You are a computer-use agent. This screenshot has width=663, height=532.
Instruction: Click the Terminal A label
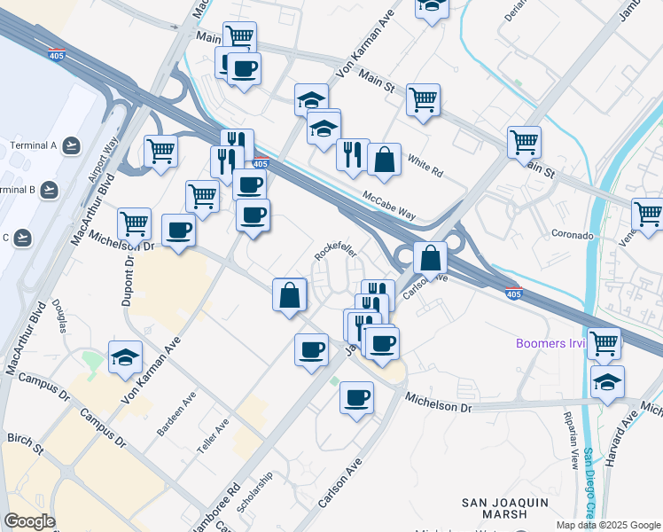(x=34, y=145)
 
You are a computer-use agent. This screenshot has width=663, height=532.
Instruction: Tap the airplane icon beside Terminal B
(x=50, y=190)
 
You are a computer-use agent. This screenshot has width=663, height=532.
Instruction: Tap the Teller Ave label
(x=214, y=436)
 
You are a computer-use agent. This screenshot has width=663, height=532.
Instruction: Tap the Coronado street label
(x=573, y=236)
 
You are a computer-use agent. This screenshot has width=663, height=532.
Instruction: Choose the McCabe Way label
(x=388, y=203)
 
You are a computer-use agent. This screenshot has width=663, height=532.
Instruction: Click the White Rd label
(x=425, y=162)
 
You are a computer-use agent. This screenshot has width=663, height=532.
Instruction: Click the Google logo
(x=29, y=521)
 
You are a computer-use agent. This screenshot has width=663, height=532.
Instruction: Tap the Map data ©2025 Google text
(x=609, y=525)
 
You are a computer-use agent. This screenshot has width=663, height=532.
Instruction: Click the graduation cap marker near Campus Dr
(x=126, y=356)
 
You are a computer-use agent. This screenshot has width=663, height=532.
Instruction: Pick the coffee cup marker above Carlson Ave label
(x=356, y=398)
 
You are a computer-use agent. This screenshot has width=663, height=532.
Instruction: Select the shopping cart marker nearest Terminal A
(x=160, y=150)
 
